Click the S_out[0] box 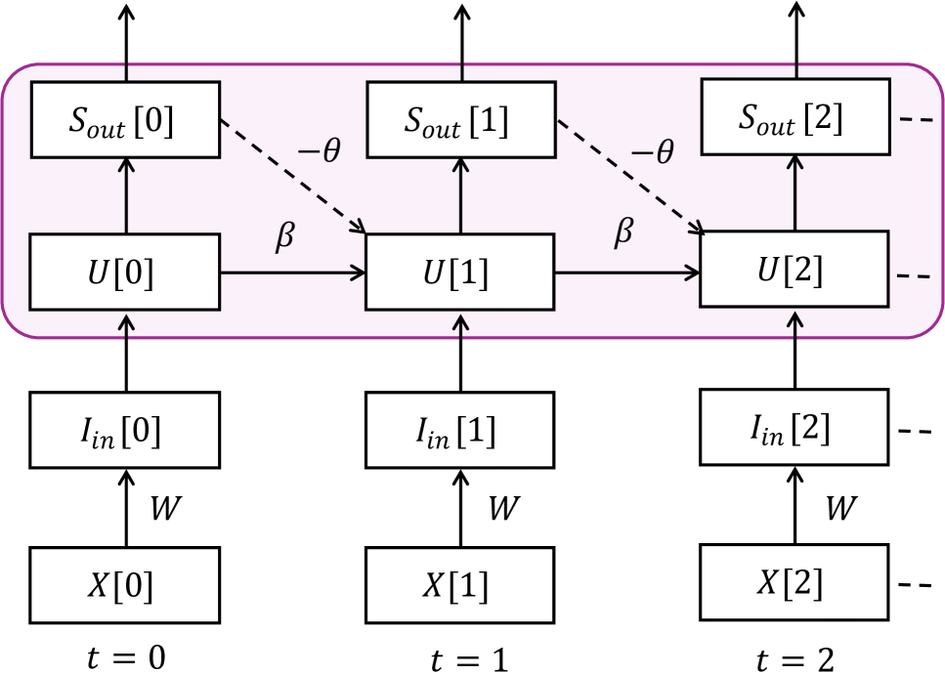click(125, 120)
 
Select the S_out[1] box click(460, 120)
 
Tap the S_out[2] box click(795, 118)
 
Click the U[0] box click(125, 273)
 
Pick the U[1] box click(460, 273)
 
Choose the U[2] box click(795, 270)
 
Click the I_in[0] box click(124, 430)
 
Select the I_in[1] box click(459, 430)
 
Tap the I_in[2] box click(794, 427)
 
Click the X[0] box click(124, 585)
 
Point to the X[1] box click(459, 585)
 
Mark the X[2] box click(794, 582)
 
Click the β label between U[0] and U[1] click(284, 237)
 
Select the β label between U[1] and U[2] click(623, 232)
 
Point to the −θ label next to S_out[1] click(652, 153)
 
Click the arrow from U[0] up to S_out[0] click(126, 195)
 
